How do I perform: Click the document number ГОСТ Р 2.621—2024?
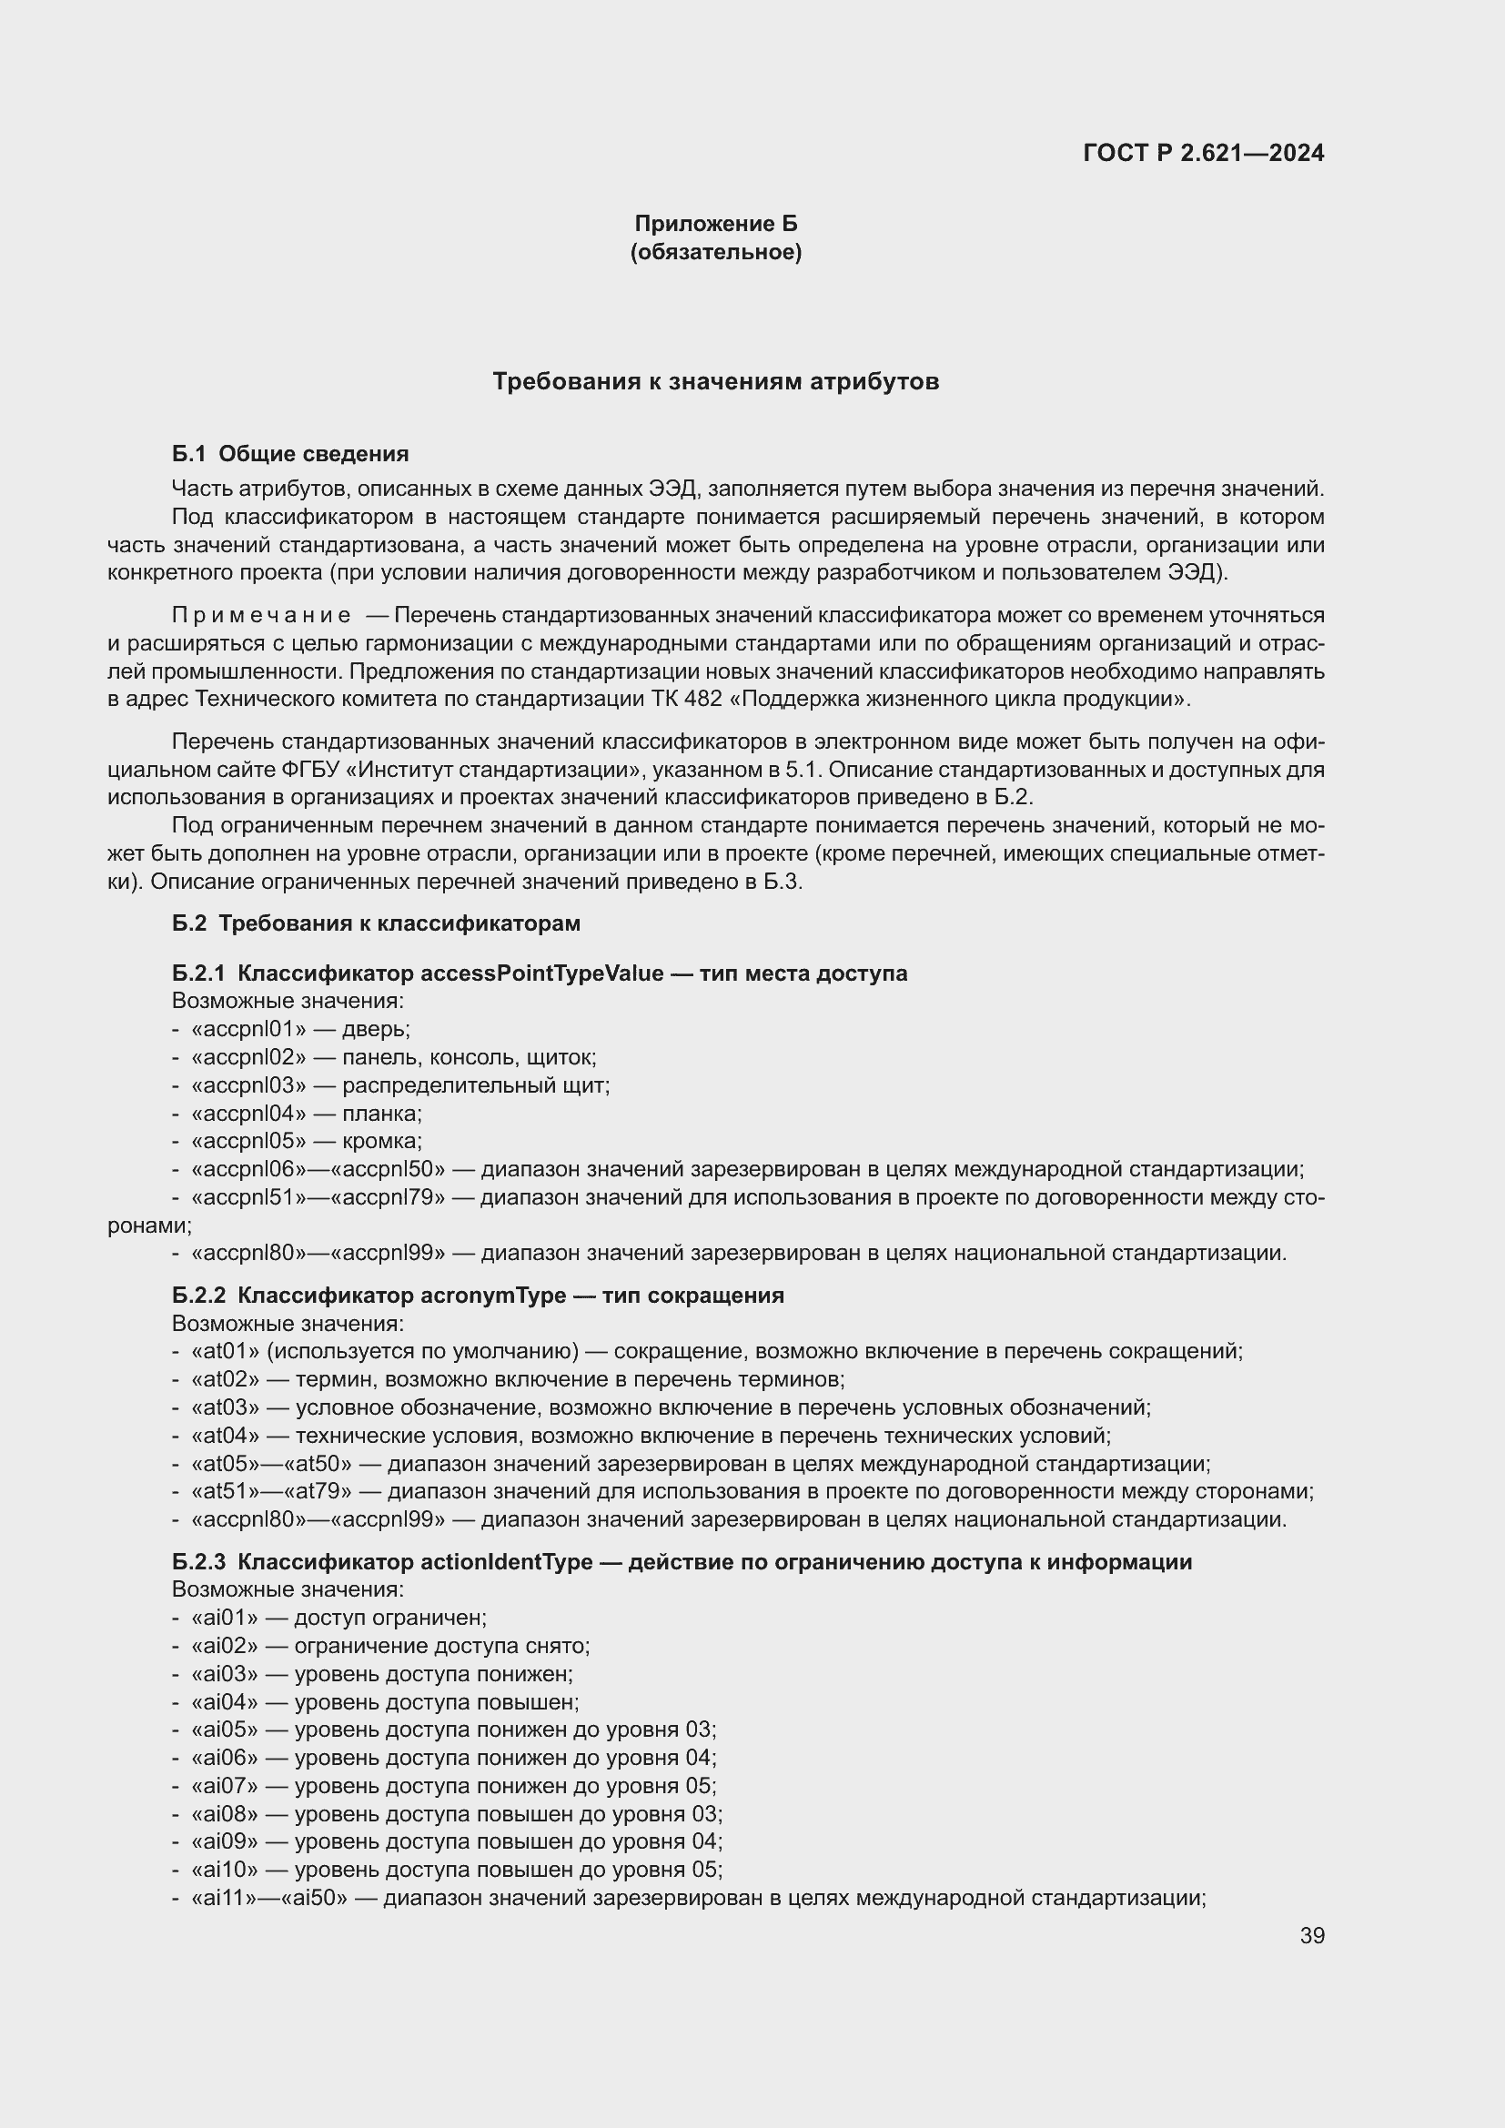[x=1203, y=153]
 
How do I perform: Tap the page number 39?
[x=1311, y=1935]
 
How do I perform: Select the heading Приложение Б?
[x=715, y=224]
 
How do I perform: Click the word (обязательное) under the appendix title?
[x=715, y=252]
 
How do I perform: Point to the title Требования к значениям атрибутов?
[x=715, y=382]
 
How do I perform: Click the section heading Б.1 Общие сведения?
[x=290, y=454]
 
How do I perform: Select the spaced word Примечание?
[x=261, y=615]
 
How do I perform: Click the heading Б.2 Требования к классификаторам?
[x=377, y=923]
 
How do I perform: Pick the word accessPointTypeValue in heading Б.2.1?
[x=541, y=973]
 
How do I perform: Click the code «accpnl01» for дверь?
[x=248, y=1030]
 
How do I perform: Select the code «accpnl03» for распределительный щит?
[x=248, y=1085]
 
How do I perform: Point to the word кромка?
[x=381, y=1141]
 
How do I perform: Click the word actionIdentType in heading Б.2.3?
[x=506, y=1563]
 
